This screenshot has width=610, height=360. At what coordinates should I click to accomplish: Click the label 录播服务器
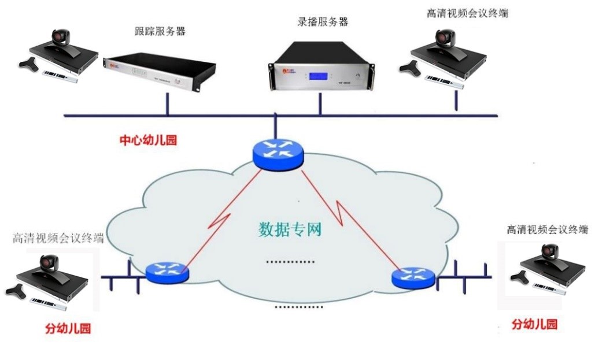[319, 23]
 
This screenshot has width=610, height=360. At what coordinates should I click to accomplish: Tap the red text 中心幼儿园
[147, 140]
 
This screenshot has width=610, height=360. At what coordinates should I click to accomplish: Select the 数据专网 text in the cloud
[290, 229]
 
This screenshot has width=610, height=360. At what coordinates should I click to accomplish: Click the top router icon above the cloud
[278, 154]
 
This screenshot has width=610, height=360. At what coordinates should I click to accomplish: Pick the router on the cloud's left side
[167, 272]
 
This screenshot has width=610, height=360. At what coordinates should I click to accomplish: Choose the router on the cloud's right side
[413, 278]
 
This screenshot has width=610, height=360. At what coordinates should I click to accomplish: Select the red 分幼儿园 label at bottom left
[68, 329]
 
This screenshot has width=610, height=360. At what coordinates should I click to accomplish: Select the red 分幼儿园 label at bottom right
[534, 324]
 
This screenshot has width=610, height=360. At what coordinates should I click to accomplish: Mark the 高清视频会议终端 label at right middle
[547, 229]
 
